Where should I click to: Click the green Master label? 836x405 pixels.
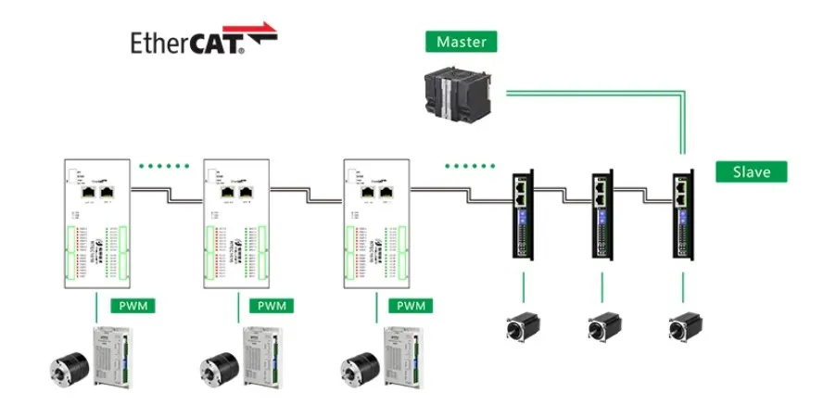(462, 42)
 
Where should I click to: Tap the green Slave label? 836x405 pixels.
(751, 171)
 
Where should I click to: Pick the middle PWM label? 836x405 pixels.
(272, 306)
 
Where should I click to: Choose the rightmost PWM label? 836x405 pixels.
(411, 306)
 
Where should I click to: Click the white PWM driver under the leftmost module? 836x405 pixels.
(110, 357)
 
